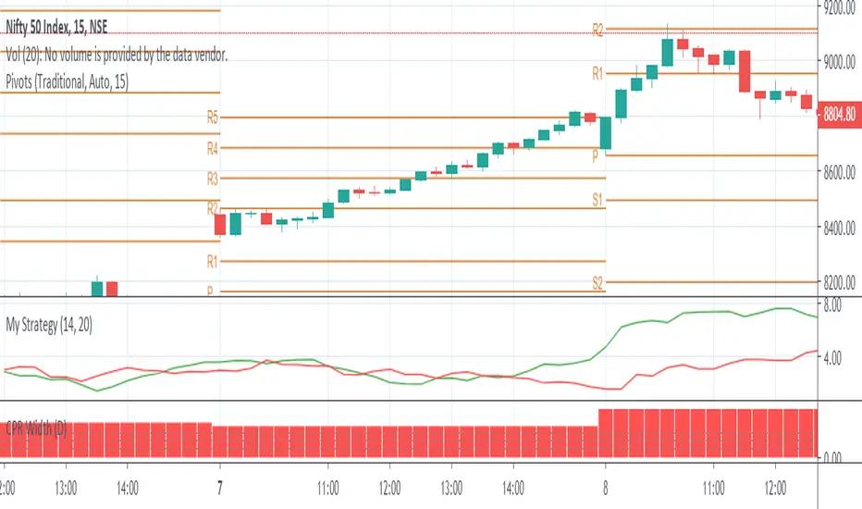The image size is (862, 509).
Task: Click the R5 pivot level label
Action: [213, 118]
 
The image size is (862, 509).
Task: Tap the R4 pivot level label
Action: [213, 148]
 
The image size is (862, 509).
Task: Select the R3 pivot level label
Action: [213, 178]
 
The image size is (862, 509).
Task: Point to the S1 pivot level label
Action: [597, 200]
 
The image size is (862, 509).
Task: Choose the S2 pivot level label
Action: [597, 282]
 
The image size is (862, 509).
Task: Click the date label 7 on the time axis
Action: [220, 485]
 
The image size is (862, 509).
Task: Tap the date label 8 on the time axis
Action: [605, 485]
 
